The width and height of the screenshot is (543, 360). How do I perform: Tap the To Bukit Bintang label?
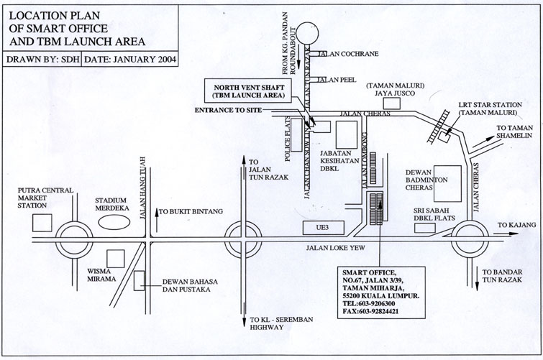191,212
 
